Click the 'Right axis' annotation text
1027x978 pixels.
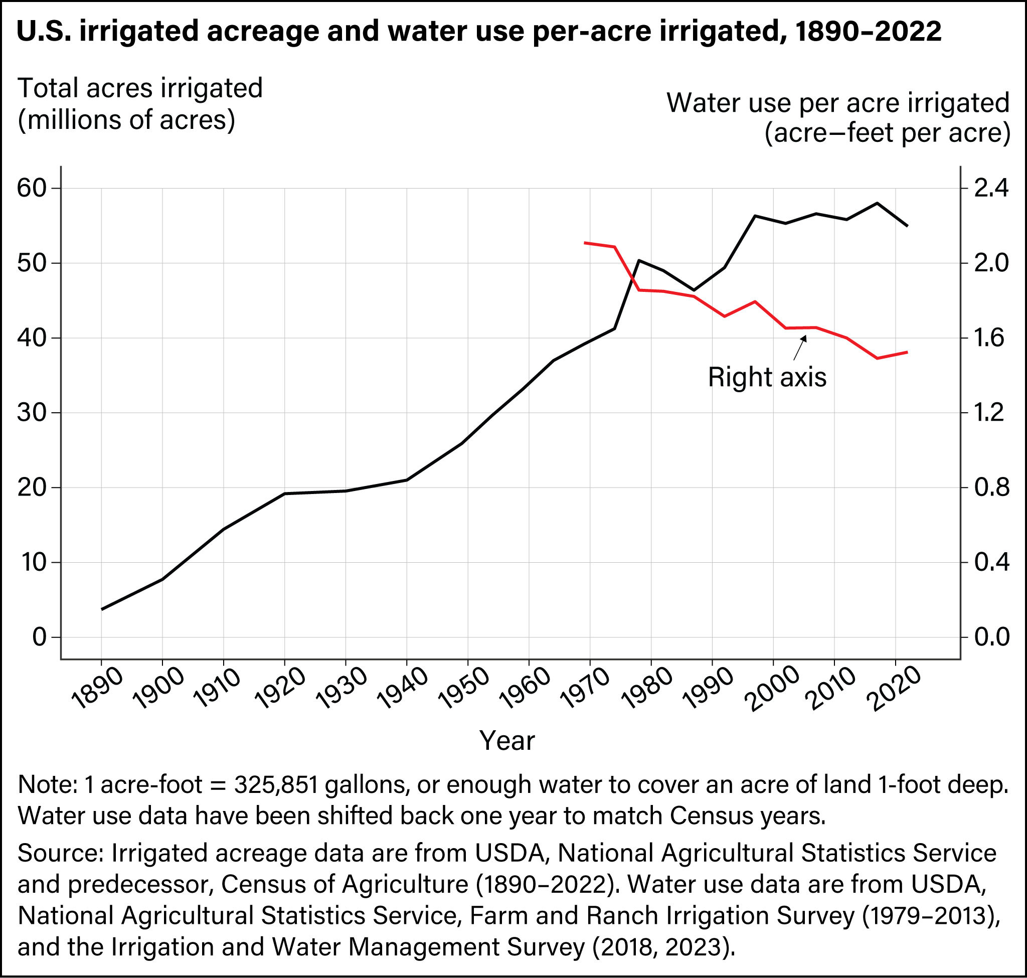tap(767, 377)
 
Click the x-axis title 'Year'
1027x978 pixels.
tap(506, 740)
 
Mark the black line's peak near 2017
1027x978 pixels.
tap(878, 203)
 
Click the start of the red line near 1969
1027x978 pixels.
tap(585, 243)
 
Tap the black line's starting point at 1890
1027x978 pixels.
tap(102, 609)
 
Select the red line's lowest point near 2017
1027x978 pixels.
tap(878, 358)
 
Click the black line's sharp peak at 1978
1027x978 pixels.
tap(640, 260)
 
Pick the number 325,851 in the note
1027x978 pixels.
tap(276, 784)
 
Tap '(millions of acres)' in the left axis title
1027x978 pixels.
tap(127, 120)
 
